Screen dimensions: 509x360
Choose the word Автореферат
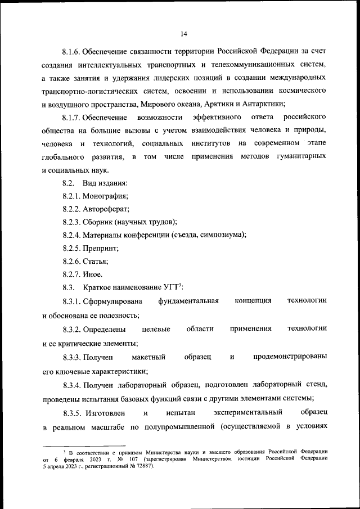tap(107, 209)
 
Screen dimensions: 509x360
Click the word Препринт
tap(100, 248)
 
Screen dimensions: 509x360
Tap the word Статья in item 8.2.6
tap(96, 261)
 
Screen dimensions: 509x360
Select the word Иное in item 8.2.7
tap(93, 274)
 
